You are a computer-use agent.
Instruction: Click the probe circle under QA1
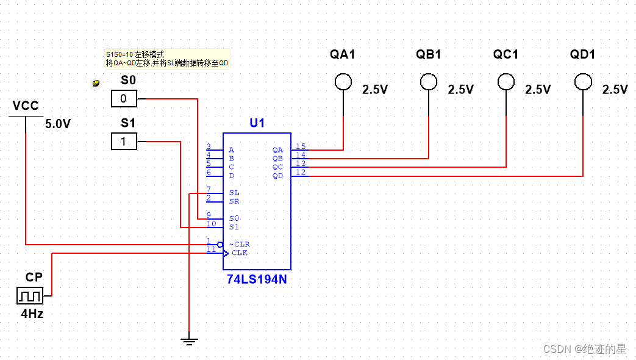[343, 81]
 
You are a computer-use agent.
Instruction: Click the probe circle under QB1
[429, 81]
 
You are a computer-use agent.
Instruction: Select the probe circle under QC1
[506, 81]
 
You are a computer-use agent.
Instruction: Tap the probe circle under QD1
[583, 81]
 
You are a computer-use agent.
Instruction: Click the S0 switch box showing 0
[124, 98]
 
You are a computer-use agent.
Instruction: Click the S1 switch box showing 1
[124, 142]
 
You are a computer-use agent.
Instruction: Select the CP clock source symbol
[30, 296]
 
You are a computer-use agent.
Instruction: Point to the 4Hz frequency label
[32, 314]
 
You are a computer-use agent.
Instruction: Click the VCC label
[26, 106]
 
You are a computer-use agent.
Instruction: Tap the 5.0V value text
[58, 124]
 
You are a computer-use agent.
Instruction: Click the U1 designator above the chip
[257, 123]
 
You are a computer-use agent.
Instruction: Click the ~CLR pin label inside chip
[239, 244]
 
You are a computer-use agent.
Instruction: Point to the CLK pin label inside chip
[240, 253]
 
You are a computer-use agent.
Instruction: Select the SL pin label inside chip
[234, 193]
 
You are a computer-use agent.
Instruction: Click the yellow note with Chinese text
[167, 59]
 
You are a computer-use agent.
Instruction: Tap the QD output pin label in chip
[277, 176]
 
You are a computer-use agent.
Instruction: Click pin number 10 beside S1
[211, 224]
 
